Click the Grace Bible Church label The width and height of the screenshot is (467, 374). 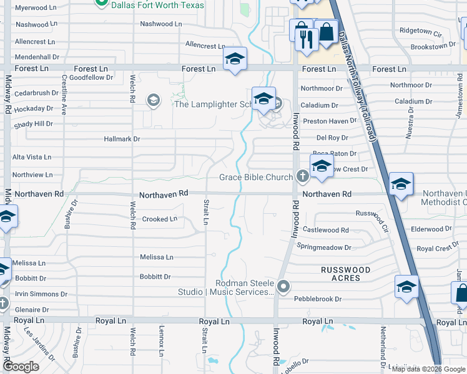pos(256,178)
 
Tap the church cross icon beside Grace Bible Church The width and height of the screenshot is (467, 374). pos(302,177)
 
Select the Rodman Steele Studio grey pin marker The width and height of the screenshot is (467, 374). pos(284,287)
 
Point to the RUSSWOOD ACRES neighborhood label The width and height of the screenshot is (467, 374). pos(345,274)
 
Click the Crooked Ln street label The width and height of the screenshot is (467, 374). pos(159,219)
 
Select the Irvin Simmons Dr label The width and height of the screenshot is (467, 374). pos(41,294)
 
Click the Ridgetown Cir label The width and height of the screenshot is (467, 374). pos(420,30)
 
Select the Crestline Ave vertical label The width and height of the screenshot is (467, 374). pos(64,95)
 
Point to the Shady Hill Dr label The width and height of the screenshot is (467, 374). pos(34,124)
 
